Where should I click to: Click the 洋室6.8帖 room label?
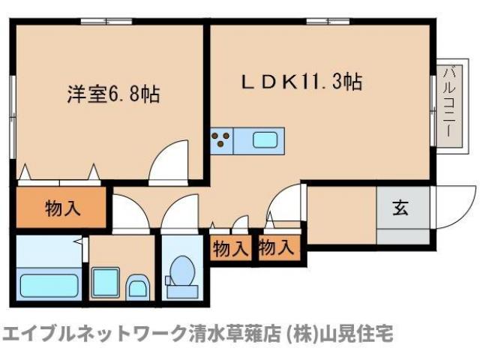coord(113,95)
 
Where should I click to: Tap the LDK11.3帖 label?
coord(301,82)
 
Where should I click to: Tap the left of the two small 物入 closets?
coord(229,248)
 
